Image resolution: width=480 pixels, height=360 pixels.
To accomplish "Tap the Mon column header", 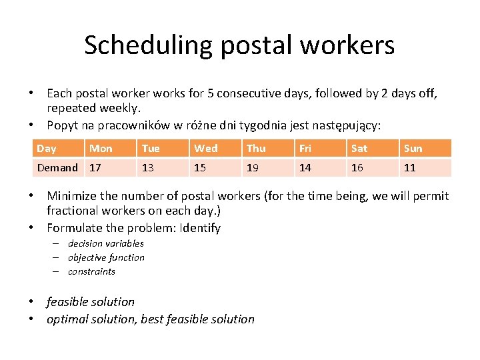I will [101, 148].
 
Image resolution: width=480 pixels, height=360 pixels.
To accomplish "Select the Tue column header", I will [151, 148].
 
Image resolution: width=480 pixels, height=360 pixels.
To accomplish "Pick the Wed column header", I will [205, 148].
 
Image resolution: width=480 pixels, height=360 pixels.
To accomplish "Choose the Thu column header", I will [256, 148].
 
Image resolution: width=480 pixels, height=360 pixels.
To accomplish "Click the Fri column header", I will [305, 148].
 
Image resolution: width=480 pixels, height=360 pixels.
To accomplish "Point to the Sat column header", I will [359, 148].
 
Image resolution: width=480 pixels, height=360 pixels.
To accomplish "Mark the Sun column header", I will [413, 148].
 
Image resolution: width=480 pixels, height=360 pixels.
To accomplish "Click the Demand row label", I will [57, 167].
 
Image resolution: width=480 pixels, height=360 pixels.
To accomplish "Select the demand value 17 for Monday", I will [95, 167].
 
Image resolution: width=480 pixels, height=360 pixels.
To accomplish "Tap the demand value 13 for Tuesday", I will [148, 167].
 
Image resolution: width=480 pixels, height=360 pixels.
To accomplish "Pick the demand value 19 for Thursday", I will [253, 167].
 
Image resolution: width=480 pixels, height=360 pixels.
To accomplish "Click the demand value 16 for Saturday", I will [357, 167].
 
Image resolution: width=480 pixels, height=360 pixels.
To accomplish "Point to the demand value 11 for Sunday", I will [410, 167].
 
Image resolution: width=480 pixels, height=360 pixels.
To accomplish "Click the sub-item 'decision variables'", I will [105, 243].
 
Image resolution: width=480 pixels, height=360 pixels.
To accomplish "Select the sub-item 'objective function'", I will [106, 257].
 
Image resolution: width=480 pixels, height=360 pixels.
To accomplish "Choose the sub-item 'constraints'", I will [91, 271].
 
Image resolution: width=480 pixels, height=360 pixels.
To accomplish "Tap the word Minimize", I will [71, 196].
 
